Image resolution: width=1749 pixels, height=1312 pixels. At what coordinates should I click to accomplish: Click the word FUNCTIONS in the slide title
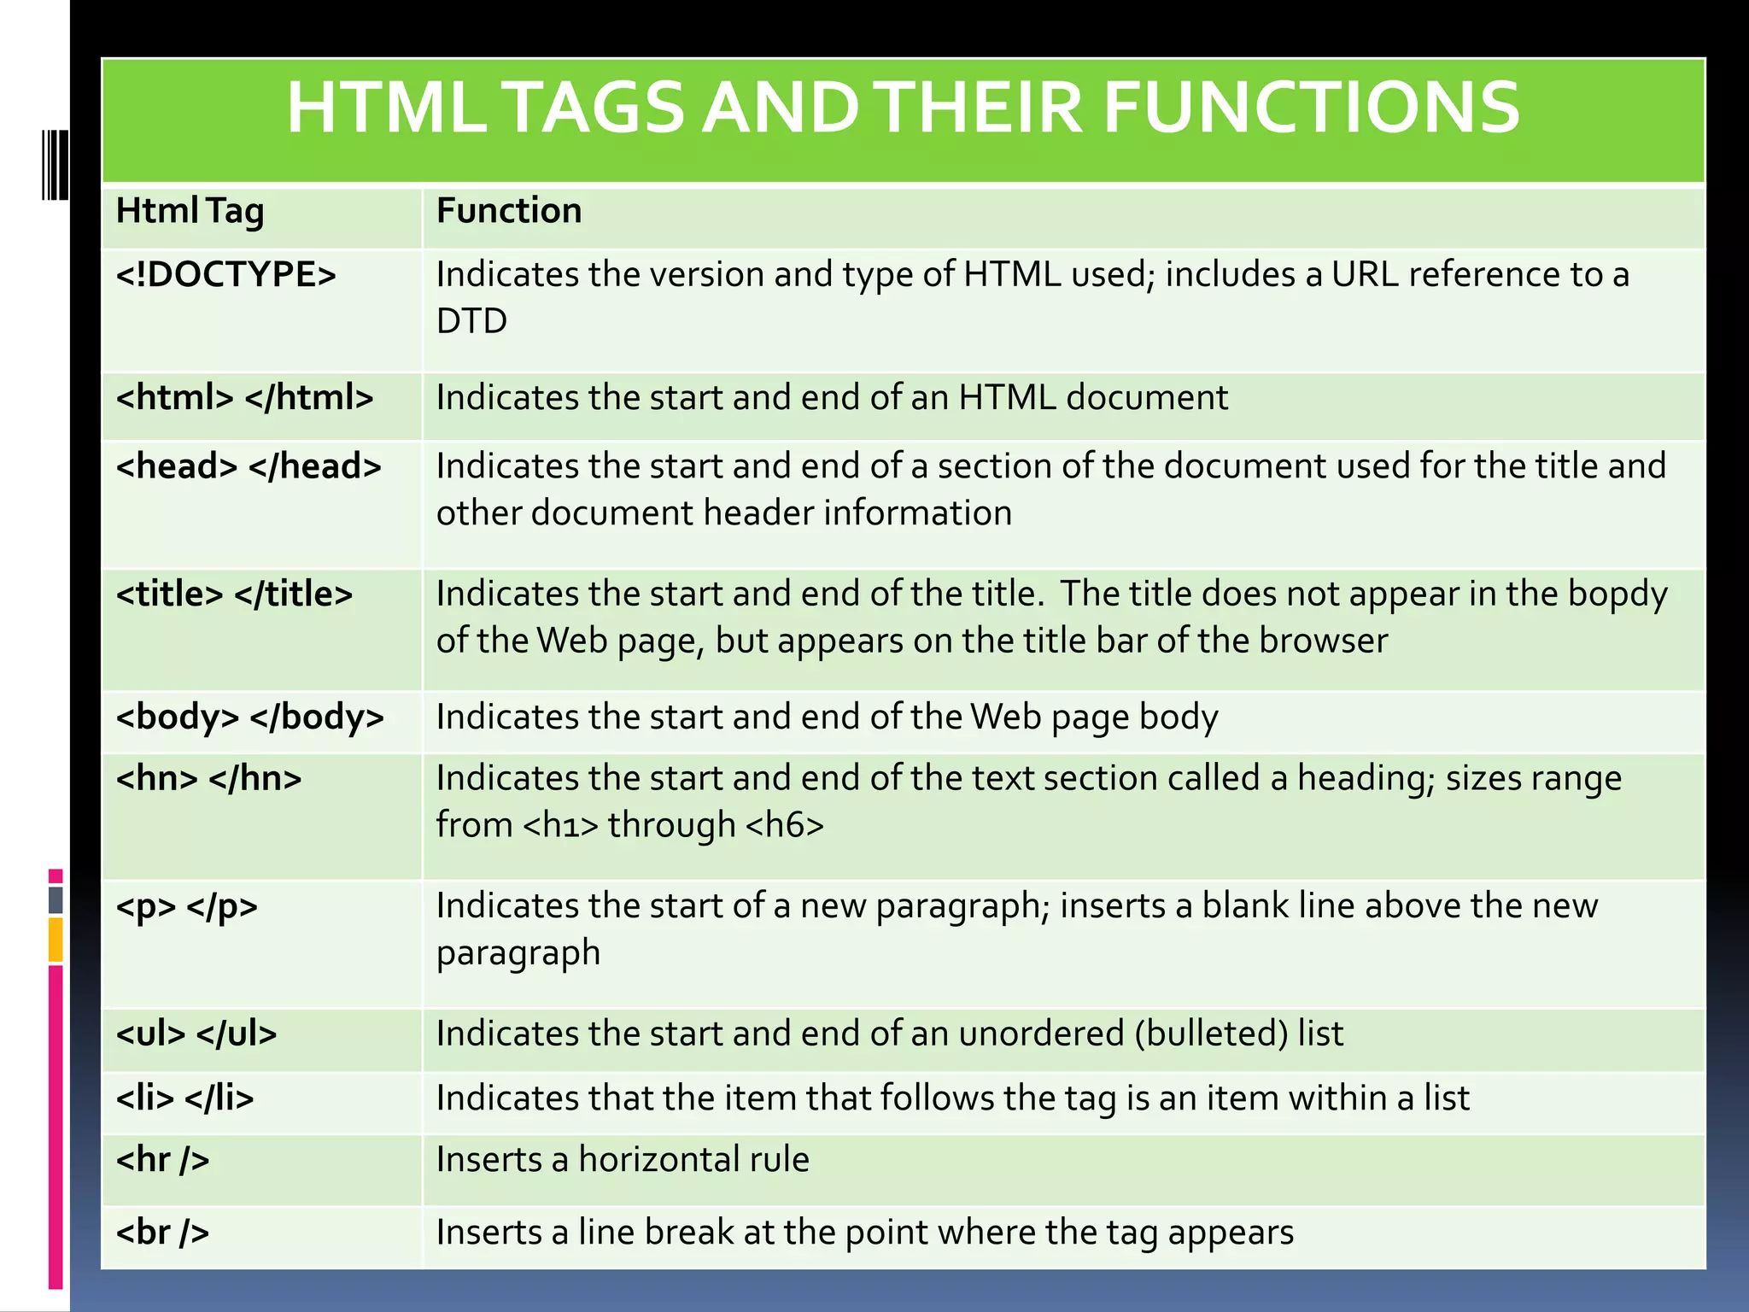point(1311,108)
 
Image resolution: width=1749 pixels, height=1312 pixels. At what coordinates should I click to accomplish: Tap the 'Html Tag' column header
point(190,211)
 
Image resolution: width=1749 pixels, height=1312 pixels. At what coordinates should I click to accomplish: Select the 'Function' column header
point(509,211)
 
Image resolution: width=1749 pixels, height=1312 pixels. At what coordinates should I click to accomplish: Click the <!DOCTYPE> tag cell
point(226,275)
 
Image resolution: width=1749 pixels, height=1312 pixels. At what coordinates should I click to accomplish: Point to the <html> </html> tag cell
point(244,398)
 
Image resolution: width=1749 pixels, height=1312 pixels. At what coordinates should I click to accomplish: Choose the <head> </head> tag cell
point(249,466)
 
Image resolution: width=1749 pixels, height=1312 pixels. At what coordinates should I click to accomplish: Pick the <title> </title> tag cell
point(234,594)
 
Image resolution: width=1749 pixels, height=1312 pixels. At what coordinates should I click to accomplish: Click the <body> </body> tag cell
point(250,717)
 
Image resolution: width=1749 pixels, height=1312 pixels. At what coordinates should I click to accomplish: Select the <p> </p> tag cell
point(186,906)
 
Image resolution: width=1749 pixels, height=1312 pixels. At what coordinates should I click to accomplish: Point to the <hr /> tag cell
point(162,1160)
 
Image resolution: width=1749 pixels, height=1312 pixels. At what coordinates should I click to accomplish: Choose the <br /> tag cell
point(162,1233)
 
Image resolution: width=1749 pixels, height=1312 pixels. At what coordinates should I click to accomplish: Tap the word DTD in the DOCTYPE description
point(471,322)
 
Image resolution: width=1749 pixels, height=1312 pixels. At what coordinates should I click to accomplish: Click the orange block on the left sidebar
point(56,940)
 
